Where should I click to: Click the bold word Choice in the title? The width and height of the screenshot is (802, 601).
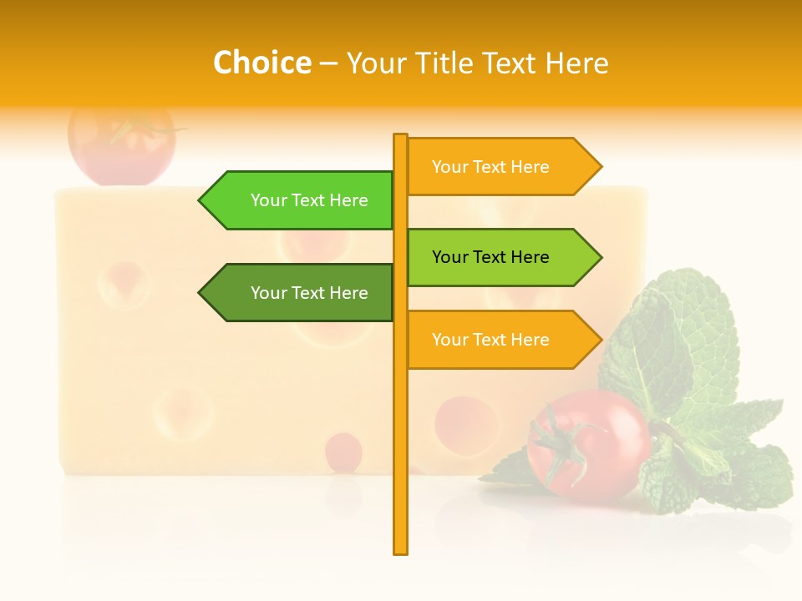261,63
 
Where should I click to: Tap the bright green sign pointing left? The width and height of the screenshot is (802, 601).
301,200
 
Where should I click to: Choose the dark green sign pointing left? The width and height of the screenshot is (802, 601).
301,293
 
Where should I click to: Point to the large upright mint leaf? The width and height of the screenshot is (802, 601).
685,334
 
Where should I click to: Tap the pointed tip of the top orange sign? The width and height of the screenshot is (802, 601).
600,167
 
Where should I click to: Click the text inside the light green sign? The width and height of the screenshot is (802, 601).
490,257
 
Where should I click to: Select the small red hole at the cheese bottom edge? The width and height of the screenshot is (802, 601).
343,451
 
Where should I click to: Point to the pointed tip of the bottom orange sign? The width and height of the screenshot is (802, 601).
600,340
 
